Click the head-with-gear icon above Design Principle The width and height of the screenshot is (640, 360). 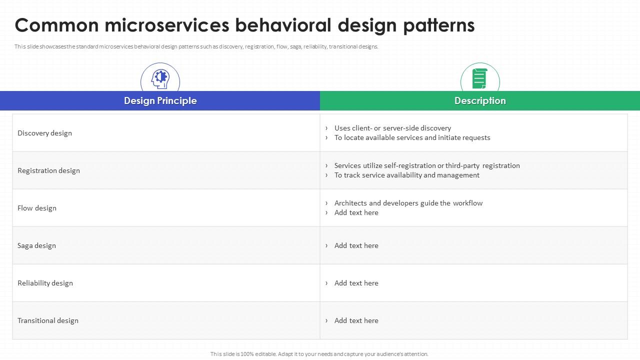(x=160, y=78)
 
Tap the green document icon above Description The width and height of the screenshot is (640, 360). (x=479, y=78)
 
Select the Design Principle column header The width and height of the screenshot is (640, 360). (x=160, y=101)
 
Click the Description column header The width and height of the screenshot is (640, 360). (x=480, y=101)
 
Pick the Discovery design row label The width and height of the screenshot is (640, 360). (x=44, y=133)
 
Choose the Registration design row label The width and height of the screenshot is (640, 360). (x=48, y=170)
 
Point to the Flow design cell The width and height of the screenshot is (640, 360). (x=37, y=208)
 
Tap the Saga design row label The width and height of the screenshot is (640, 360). (x=36, y=245)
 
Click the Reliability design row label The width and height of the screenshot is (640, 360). (x=45, y=283)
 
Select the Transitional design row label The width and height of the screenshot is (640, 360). (x=48, y=320)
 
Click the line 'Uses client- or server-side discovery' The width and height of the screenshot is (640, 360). (x=392, y=128)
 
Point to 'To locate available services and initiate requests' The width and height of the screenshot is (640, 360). (x=412, y=137)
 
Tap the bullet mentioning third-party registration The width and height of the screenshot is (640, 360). (x=427, y=165)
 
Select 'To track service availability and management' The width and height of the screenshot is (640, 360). (x=406, y=175)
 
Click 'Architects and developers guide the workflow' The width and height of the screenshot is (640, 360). (x=408, y=203)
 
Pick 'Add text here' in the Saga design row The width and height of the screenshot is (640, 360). (x=356, y=245)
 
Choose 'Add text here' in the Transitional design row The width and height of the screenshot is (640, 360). (x=356, y=320)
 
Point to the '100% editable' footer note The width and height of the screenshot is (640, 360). (x=319, y=354)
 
